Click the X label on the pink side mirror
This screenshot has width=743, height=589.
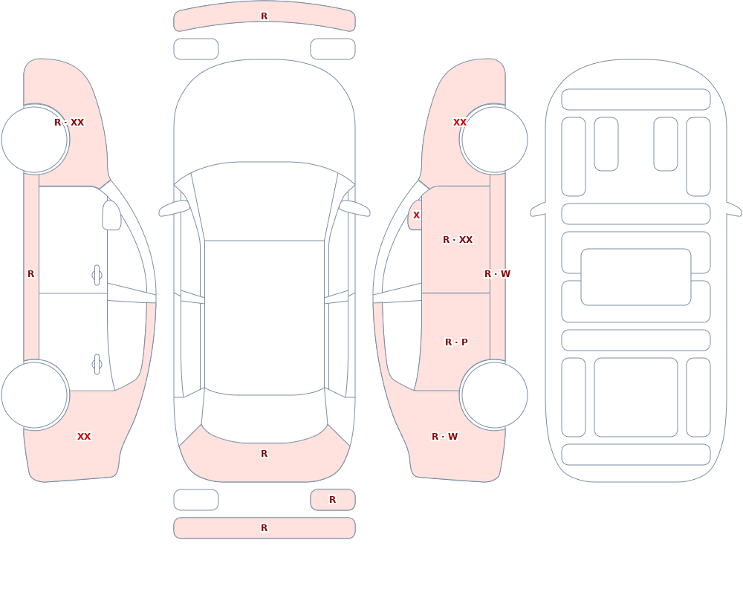pos(416,215)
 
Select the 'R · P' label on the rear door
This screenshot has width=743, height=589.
pos(456,342)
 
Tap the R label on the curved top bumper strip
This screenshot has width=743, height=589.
pos(265,16)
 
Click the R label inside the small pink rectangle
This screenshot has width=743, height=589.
pos(333,499)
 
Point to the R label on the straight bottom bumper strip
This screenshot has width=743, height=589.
pos(265,528)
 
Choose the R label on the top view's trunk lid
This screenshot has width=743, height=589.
pos(265,454)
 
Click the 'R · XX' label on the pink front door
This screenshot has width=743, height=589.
pos(458,240)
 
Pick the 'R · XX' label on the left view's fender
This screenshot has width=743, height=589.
pos(69,123)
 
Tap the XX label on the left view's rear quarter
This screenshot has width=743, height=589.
pos(84,437)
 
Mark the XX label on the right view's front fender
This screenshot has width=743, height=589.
pos(460,123)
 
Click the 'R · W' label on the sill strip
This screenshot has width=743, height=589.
pos(498,274)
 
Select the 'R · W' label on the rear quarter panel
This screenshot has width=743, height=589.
pos(444,437)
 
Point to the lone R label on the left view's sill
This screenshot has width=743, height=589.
pos(30,274)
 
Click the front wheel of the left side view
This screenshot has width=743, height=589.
pos(35,140)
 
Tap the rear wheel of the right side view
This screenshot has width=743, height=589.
pos(494,394)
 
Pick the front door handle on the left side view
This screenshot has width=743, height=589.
pos(97,276)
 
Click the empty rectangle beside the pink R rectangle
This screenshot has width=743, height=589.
pos(196,499)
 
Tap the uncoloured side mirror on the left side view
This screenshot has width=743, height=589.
pos(111,215)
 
